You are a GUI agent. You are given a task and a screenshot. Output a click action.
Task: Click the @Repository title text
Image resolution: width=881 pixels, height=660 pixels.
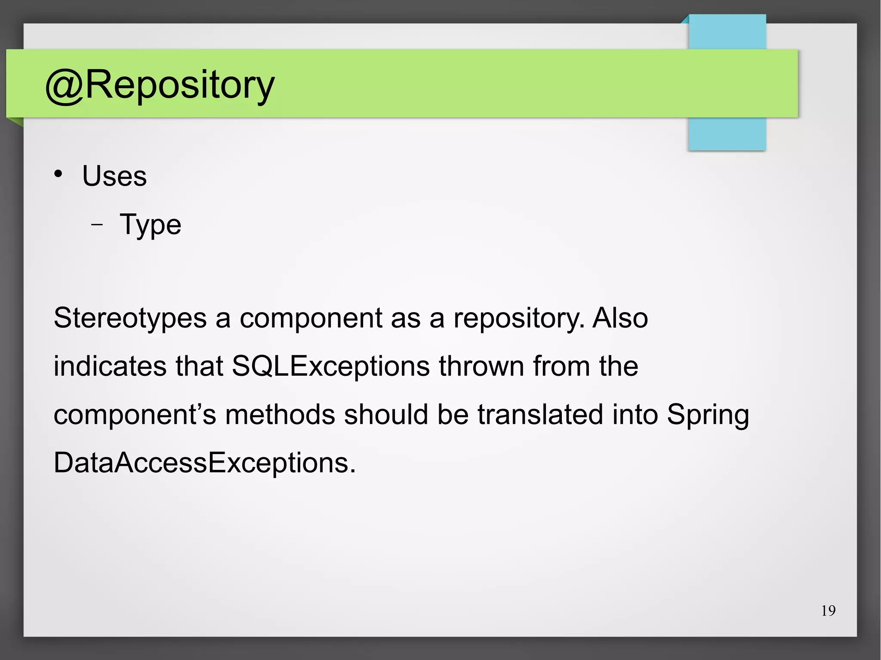(x=160, y=85)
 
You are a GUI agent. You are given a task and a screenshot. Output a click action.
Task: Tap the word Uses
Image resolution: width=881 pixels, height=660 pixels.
(x=114, y=176)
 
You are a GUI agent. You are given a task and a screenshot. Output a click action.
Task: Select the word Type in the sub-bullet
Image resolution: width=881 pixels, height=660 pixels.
(x=150, y=225)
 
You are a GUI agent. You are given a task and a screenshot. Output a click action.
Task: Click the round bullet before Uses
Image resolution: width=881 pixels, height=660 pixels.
(x=59, y=174)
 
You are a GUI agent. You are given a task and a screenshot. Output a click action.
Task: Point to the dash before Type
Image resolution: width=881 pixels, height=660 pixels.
(x=97, y=224)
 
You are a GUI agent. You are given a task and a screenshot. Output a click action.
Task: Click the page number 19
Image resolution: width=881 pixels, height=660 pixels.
(x=828, y=611)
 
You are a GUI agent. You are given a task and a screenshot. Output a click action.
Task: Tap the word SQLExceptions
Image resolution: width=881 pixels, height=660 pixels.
(x=331, y=366)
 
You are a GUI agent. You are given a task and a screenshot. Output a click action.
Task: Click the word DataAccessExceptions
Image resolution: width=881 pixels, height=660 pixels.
(x=204, y=463)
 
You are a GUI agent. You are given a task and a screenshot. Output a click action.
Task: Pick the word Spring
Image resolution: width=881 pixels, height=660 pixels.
(x=708, y=415)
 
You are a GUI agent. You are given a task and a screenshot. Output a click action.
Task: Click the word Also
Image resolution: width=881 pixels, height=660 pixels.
(x=620, y=319)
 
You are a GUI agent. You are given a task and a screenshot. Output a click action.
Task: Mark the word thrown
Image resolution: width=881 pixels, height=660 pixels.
(x=481, y=366)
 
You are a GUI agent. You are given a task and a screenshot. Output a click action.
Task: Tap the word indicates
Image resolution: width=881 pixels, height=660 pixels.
(x=110, y=366)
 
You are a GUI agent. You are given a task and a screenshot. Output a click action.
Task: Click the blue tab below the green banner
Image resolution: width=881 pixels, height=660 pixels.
(x=727, y=134)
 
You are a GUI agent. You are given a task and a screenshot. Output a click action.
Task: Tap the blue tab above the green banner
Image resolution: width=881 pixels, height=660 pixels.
(x=727, y=32)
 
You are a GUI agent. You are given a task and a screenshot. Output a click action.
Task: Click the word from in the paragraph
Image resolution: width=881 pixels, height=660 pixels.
(x=561, y=366)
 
